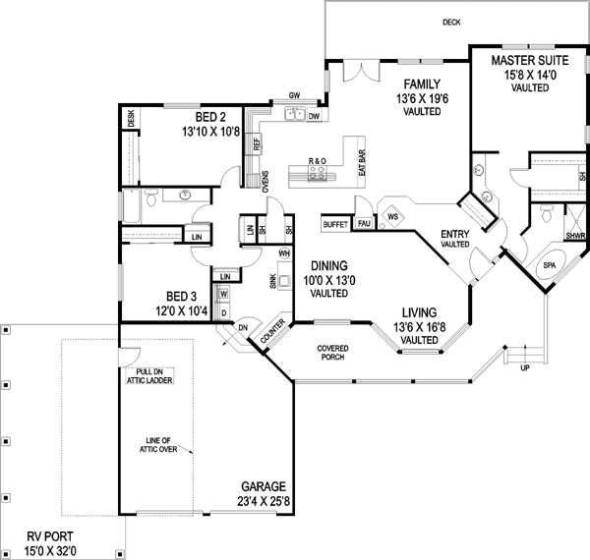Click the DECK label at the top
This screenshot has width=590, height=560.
point(451,22)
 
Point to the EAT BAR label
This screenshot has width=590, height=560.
point(361,164)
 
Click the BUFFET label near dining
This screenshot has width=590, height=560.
point(335,225)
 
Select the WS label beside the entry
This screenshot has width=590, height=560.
point(391,216)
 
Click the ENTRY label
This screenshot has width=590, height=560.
point(454,233)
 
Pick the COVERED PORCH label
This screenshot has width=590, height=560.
point(335,355)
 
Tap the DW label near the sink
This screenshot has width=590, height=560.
point(314,117)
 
